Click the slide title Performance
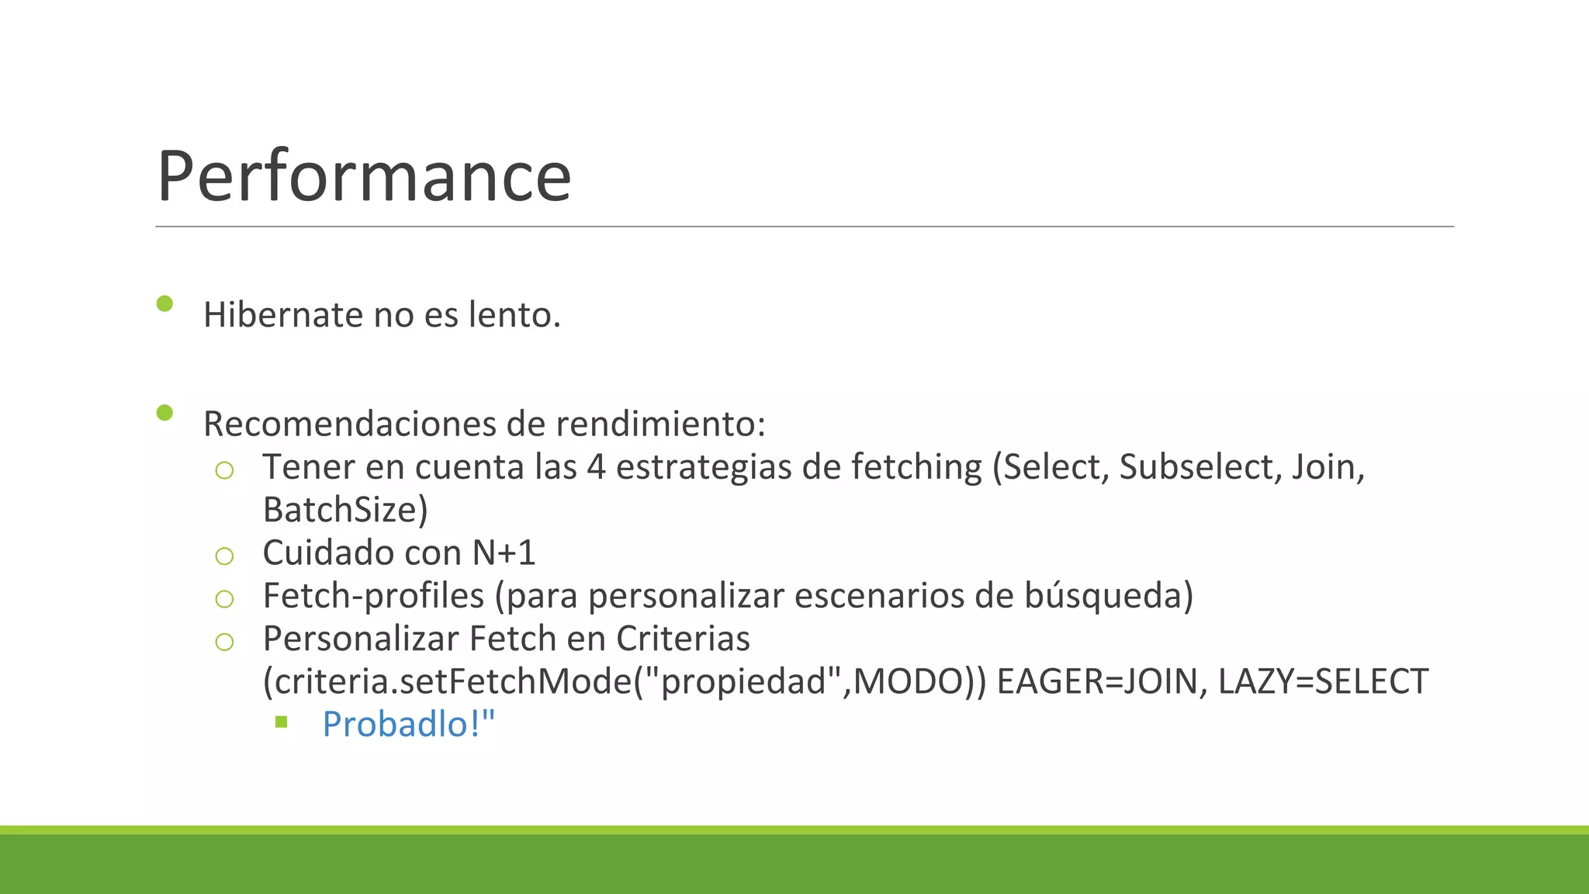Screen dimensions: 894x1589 364,176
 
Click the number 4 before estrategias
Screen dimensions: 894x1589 595,467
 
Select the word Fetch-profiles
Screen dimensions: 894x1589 373,596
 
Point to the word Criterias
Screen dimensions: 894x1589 683,639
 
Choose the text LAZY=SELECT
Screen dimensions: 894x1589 1323,681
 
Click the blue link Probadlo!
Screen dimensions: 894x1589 408,724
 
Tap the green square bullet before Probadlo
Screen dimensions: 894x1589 282,722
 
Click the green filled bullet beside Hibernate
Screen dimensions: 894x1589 164,303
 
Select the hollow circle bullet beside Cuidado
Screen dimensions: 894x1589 224,556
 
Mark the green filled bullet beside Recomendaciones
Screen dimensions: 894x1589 164,412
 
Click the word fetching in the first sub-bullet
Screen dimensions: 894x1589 916,467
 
